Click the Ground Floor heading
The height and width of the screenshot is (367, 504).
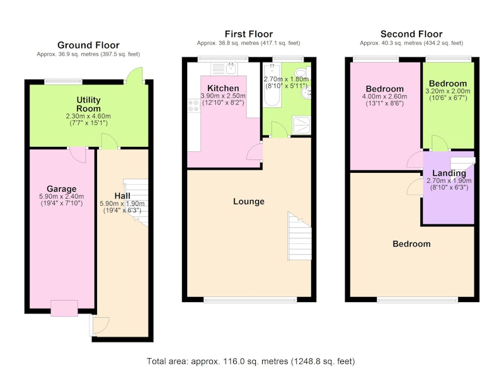tap(88, 45)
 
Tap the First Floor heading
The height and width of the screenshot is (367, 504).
tap(249, 34)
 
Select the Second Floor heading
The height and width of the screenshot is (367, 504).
tap(411, 34)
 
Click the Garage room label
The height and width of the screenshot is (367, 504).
tap(61, 189)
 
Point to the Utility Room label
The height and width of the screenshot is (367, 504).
tap(88, 104)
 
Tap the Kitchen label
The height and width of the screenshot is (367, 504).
tap(223, 88)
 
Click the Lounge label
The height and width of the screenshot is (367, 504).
tap(249, 202)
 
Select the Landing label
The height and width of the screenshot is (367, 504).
tap(449, 173)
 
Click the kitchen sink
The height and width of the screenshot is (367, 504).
tap(224, 69)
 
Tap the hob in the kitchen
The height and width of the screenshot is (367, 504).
tap(194, 106)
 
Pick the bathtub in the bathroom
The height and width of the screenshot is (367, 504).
tap(272, 85)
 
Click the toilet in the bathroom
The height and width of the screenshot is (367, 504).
tap(302, 73)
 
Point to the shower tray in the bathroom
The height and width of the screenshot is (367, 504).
tap(302, 125)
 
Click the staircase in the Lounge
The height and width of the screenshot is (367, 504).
tap(299, 236)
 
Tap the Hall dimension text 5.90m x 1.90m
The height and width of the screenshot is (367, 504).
tap(122, 204)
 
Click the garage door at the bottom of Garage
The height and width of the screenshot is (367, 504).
tap(64, 308)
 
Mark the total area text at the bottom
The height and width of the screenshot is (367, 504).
tap(251, 361)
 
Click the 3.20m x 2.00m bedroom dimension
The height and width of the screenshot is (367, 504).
tap(448, 91)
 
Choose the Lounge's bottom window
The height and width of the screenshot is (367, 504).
tap(250, 300)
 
